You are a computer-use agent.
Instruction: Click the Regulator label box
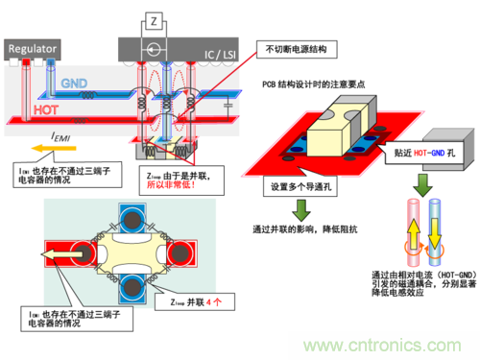33,47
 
